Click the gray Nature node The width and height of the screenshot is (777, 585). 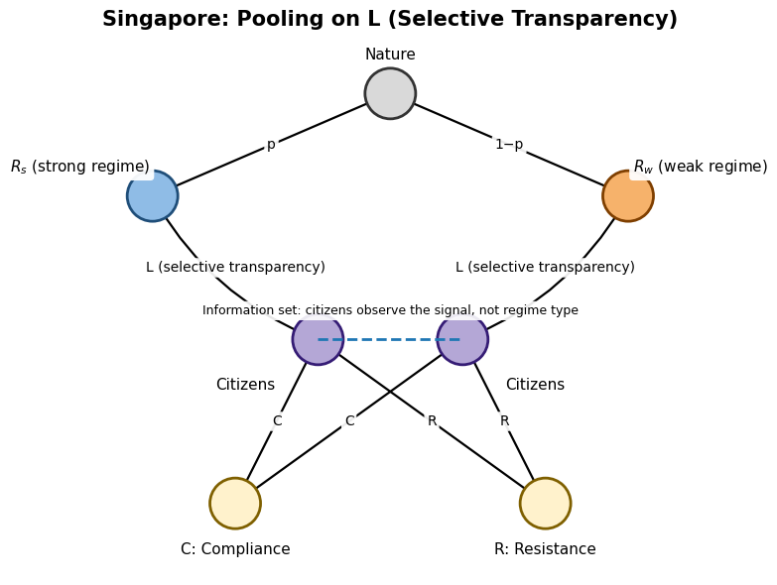(390, 93)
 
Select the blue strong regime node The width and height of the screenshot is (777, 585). (153, 196)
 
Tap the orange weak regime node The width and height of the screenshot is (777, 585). (627, 196)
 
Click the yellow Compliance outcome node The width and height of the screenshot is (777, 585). (235, 503)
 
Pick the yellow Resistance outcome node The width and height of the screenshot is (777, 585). (545, 503)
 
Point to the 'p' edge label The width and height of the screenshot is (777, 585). (271, 145)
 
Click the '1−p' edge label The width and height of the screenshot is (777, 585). (509, 145)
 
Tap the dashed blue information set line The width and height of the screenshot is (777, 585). (390, 339)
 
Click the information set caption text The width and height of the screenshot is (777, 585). (390, 310)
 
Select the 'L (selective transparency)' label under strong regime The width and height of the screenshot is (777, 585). (235, 267)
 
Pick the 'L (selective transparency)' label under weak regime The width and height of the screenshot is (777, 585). (545, 267)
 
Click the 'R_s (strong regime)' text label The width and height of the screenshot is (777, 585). (79, 167)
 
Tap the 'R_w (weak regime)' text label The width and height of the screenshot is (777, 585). (701, 167)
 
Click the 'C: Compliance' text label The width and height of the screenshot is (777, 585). (235, 549)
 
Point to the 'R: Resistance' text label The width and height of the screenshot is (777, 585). (545, 549)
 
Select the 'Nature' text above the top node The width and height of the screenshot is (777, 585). (390, 55)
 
